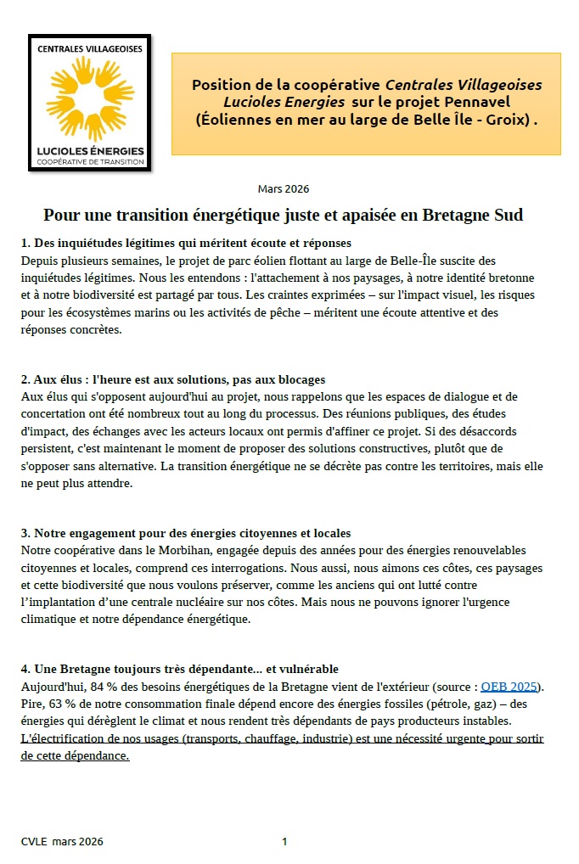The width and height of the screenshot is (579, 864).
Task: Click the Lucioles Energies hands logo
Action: (89, 98)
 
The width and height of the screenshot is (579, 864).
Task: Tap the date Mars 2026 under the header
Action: (283, 188)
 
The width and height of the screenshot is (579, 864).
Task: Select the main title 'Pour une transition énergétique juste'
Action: (283, 215)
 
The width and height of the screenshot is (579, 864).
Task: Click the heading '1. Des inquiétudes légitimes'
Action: (179, 244)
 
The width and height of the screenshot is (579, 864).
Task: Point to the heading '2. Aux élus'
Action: (173, 379)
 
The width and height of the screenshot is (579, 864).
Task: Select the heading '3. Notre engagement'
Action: (186, 533)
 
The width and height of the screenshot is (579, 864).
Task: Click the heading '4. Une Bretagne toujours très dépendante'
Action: (179, 670)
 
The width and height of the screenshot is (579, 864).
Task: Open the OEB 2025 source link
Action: (509, 687)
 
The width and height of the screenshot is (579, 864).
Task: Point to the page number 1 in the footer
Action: (284, 841)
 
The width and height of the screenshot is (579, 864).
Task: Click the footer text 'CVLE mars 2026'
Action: (62, 841)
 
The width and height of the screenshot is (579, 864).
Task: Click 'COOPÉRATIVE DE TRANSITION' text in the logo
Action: (89, 161)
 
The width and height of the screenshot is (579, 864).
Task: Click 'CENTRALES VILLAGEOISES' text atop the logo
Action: (89, 49)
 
